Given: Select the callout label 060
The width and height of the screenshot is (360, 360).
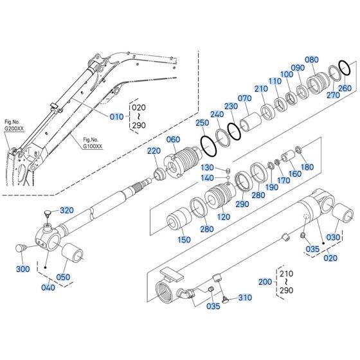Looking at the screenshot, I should pos(173,139).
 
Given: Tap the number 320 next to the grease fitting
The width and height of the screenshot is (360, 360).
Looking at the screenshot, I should pos(67,210).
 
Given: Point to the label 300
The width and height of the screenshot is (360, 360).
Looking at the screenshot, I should pos(23,269).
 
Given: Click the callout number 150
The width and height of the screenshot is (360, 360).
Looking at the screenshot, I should pos(184,240).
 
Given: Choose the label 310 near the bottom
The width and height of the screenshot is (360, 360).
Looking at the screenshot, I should pos(245,298).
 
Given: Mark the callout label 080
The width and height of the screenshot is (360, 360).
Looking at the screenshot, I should pos(312,60).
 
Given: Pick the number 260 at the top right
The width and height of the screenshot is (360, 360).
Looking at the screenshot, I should pos(345,88).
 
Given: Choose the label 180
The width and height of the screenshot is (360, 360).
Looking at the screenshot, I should pos(307,167).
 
